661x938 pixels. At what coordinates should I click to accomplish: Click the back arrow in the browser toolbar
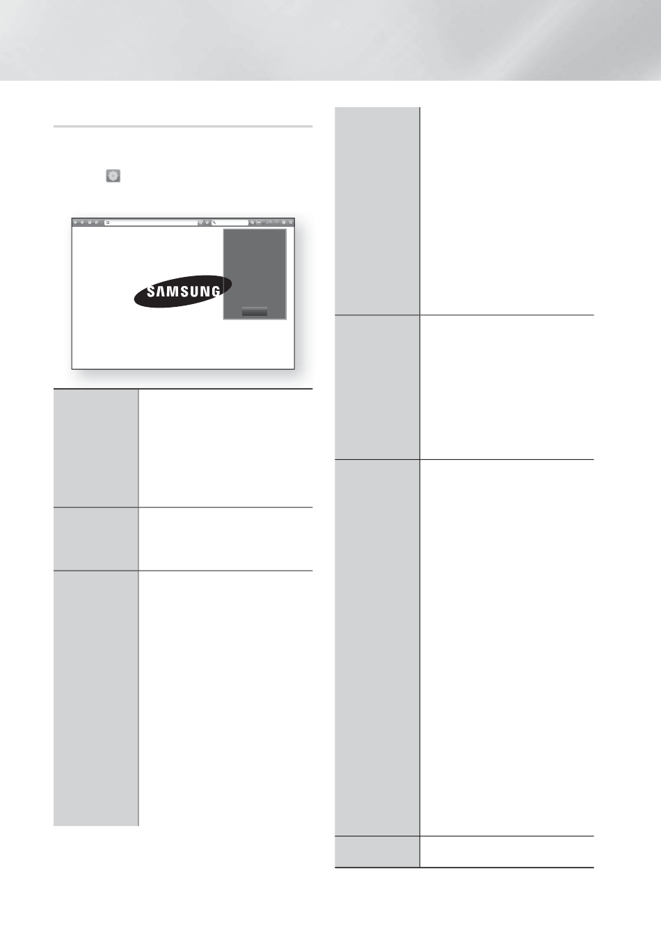pos(76,223)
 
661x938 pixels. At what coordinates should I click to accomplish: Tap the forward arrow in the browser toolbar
pos(82,223)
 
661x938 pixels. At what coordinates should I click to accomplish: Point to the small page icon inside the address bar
pos(108,223)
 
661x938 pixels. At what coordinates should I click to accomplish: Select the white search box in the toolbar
pos(232,223)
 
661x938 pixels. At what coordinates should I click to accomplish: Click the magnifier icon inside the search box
pos(215,223)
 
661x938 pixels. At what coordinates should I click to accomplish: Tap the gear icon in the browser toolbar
pos(284,223)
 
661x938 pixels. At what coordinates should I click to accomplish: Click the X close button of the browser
pos(291,223)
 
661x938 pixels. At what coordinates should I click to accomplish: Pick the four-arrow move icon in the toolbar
pos(276,223)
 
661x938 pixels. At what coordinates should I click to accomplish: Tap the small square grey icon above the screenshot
pos(113,176)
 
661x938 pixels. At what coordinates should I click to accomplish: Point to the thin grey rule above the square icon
pos(183,127)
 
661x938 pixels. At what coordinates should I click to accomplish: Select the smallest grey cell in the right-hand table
pos(376,851)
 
